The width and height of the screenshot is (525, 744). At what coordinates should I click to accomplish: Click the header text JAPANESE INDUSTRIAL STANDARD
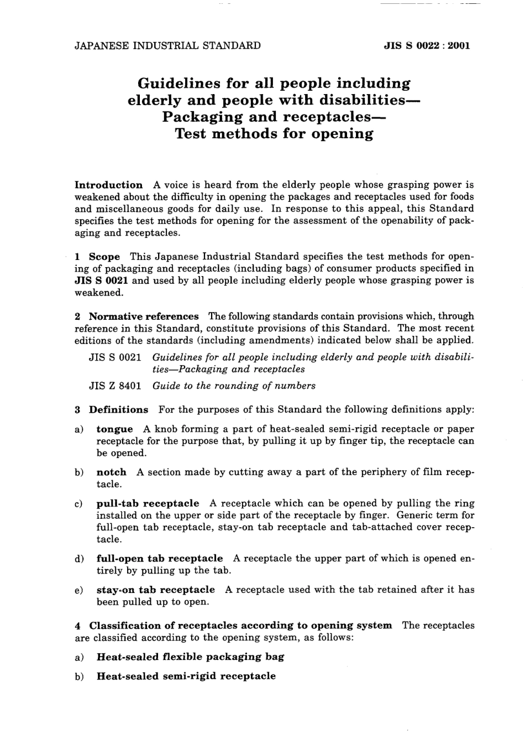(x=167, y=46)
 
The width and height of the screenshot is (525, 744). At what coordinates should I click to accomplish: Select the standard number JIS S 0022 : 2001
(x=427, y=46)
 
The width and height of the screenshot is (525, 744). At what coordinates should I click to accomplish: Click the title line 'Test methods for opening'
(x=274, y=134)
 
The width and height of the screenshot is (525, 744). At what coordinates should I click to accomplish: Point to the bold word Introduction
(x=108, y=185)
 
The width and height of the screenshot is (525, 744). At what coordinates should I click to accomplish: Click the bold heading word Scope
(x=104, y=257)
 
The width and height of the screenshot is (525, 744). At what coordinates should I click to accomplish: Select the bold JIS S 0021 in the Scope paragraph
(x=102, y=280)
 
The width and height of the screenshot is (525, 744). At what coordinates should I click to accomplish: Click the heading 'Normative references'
(x=144, y=316)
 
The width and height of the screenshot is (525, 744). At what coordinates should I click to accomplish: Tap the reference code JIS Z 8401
(x=115, y=386)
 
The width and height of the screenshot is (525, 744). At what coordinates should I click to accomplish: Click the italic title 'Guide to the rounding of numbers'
(x=234, y=386)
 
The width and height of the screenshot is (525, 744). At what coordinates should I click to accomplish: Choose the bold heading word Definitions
(x=118, y=410)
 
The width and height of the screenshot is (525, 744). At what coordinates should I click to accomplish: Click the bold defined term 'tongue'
(x=114, y=429)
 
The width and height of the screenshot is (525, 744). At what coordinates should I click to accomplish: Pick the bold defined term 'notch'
(x=111, y=472)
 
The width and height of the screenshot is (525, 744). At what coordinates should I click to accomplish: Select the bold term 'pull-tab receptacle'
(x=148, y=503)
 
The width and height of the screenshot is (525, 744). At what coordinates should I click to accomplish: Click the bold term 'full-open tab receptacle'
(x=160, y=559)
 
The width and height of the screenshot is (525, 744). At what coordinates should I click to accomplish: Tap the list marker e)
(x=79, y=590)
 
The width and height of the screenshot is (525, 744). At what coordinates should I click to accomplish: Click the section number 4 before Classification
(x=78, y=626)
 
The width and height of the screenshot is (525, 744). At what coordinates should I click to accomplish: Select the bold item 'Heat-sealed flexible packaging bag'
(x=190, y=657)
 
